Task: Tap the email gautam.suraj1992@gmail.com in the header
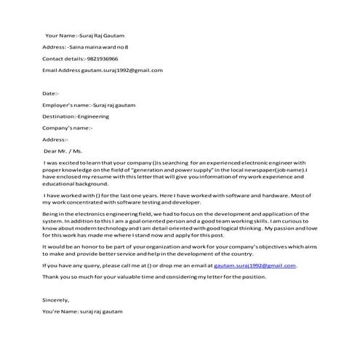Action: (x=121, y=70)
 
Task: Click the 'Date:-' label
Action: (x=50, y=93)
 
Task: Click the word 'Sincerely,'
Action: (x=55, y=300)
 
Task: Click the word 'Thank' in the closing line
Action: (x=51, y=277)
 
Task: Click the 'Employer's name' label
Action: (x=65, y=105)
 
